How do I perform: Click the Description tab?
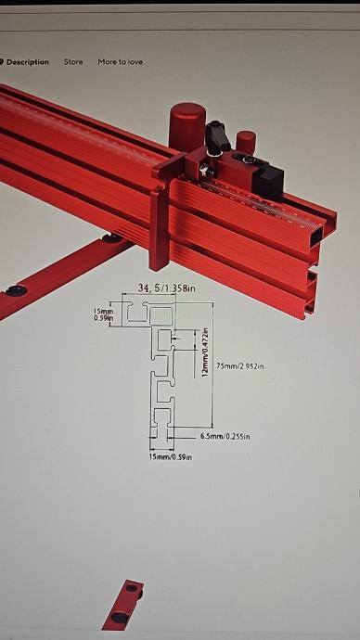27,62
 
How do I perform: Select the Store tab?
73,61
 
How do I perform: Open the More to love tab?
120,61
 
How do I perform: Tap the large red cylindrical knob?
186,126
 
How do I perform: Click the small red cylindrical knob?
246,143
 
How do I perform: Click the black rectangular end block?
268,181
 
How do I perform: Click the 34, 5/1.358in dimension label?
166,288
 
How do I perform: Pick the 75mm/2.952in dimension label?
239,366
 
